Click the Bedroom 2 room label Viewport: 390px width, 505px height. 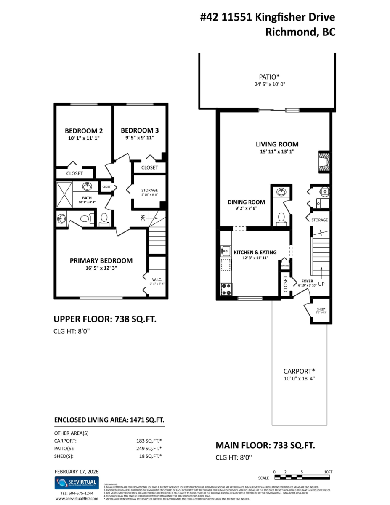(84, 130)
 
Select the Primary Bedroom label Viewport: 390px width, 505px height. (101, 260)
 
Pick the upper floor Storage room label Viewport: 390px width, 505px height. (149, 190)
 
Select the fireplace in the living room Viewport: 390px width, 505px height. (324, 161)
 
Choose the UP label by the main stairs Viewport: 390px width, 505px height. (322, 284)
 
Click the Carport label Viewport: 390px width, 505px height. (299, 371)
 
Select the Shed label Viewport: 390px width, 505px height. (321, 309)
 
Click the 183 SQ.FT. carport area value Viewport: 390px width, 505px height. (146, 441)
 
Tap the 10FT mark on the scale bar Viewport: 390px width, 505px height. (328, 472)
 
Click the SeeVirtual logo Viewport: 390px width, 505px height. (77, 483)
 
